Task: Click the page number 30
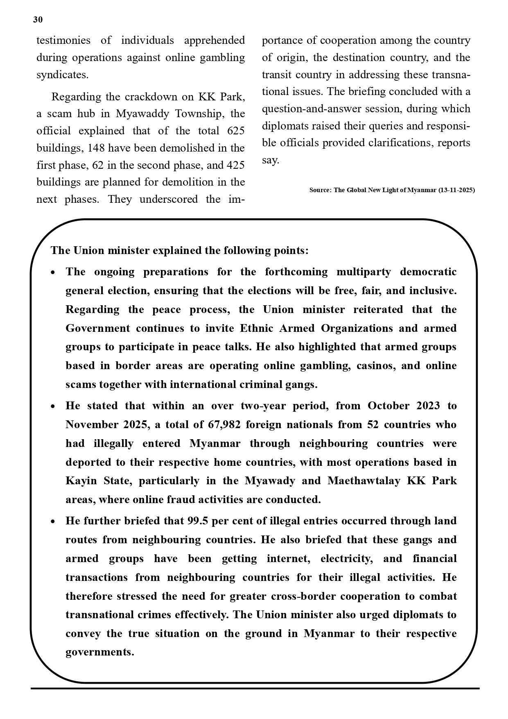tap(38, 20)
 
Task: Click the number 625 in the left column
tap(236, 131)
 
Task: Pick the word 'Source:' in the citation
tap(321, 190)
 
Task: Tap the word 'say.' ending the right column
tap(270, 160)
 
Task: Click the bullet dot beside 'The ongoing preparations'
tap(53, 273)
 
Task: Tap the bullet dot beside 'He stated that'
tap(53, 406)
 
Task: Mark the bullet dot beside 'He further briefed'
tap(53, 522)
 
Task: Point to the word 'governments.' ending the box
tap(100, 652)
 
